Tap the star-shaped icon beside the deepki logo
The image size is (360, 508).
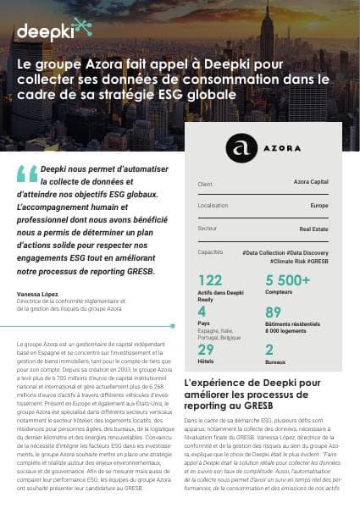pyautogui.click(x=83, y=29)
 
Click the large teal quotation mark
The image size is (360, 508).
pyautogui.click(x=26, y=172)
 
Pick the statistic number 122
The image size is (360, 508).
pyautogui.click(x=209, y=280)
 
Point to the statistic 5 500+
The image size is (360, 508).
pyautogui.click(x=287, y=280)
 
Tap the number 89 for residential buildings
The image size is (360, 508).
pyautogui.click(x=273, y=312)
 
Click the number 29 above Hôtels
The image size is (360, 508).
pyautogui.click(x=206, y=350)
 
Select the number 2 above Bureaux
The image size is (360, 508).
pyautogui.click(x=269, y=350)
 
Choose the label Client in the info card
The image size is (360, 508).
pyautogui.click(x=205, y=183)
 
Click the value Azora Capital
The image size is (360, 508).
pyautogui.click(x=311, y=183)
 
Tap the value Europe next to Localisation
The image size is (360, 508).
pyautogui.click(x=319, y=206)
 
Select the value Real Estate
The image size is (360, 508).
pyautogui.click(x=314, y=229)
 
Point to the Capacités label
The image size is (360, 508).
pyautogui.click(x=210, y=251)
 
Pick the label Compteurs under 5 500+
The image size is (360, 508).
pyautogui.click(x=280, y=293)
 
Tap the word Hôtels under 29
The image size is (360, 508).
pyautogui.click(x=206, y=362)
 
